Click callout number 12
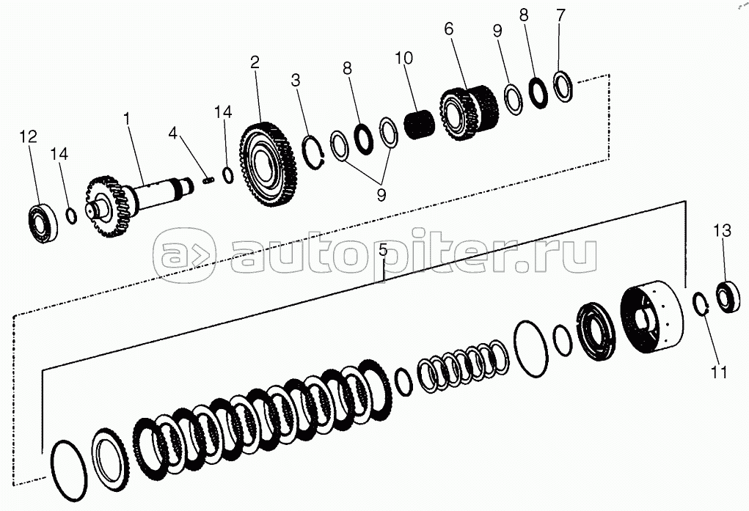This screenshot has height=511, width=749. (28, 136)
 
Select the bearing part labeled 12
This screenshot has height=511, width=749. (41, 223)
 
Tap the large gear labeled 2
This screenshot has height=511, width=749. (268, 165)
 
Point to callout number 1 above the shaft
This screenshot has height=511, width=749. (127, 119)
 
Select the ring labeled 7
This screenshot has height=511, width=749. (563, 86)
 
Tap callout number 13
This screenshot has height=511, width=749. (723, 231)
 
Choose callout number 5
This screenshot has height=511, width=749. (383, 250)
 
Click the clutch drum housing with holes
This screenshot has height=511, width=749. (651, 320)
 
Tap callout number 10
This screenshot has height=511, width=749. (403, 58)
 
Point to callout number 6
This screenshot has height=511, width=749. (448, 29)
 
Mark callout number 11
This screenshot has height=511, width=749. (719, 372)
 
